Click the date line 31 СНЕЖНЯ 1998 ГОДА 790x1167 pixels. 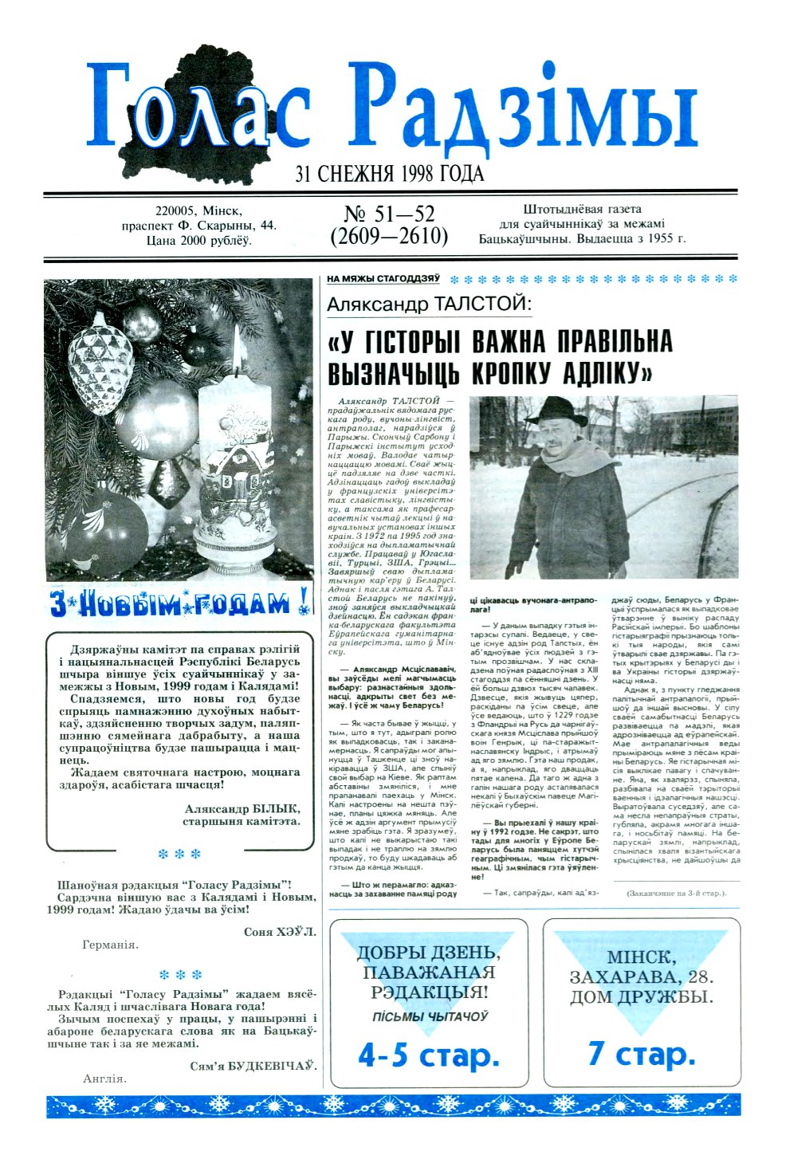[x=390, y=174]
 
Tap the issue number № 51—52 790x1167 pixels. [x=389, y=214]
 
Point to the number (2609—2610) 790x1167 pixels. [x=389, y=237]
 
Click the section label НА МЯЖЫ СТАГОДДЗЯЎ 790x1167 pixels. [x=383, y=279]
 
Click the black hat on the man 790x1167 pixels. [x=558, y=411]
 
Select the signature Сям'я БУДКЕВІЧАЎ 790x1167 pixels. [x=253, y=1066]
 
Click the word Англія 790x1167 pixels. [x=104, y=1079]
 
